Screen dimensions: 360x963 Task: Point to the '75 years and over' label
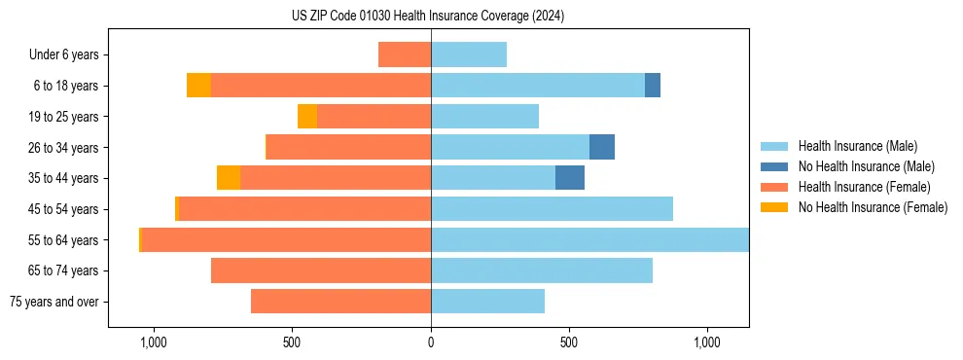pyautogui.click(x=53, y=302)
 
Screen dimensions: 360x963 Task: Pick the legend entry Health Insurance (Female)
pyautogui.click(x=864, y=187)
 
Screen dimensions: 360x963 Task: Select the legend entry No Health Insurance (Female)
pyautogui.click(x=873, y=207)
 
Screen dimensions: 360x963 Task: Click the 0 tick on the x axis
pyautogui.click(x=431, y=342)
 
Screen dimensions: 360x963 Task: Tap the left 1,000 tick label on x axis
pyautogui.click(x=154, y=342)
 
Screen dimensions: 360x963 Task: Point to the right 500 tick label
pyautogui.click(x=569, y=342)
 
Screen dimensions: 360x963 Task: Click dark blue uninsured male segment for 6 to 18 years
pyautogui.click(x=653, y=86)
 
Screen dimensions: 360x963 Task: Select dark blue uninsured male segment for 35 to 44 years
pyautogui.click(x=570, y=178)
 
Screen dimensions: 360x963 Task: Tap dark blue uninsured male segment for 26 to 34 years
pyautogui.click(x=602, y=147)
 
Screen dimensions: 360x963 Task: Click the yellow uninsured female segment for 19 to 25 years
pyautogui.click(x=307, y=117)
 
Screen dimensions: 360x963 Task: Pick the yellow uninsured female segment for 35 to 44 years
pyautogui.click(x=229, y=178)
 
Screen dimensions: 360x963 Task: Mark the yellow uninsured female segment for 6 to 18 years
pyautogui.click(x=198, y=86)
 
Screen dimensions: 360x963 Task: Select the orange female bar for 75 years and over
pyautogui.click(x=340, y=302)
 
